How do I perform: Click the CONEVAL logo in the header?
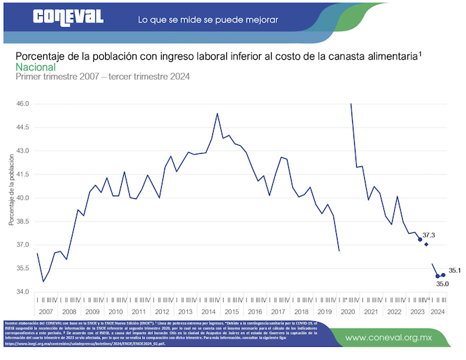click(68, 16)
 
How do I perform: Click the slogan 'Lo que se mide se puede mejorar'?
click(207, 19)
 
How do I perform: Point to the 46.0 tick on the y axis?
click(23, 104)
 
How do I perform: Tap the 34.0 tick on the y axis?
click(23, 291)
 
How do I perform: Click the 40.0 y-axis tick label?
click(23, 198)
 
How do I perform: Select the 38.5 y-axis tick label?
click(23, 221)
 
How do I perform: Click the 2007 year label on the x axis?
click(46, 311)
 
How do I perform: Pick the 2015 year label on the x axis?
click(232, 311)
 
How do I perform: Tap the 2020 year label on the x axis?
click(348, 311)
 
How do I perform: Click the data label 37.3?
click(429, 235)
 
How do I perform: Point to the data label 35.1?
click(455, 270)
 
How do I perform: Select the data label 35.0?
click(442, 284)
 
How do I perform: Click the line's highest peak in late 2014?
click(217, 114)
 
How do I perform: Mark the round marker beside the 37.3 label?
click(420, 240)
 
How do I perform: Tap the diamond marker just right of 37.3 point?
click(427, 244)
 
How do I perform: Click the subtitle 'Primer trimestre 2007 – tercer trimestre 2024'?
click(103, 77)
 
